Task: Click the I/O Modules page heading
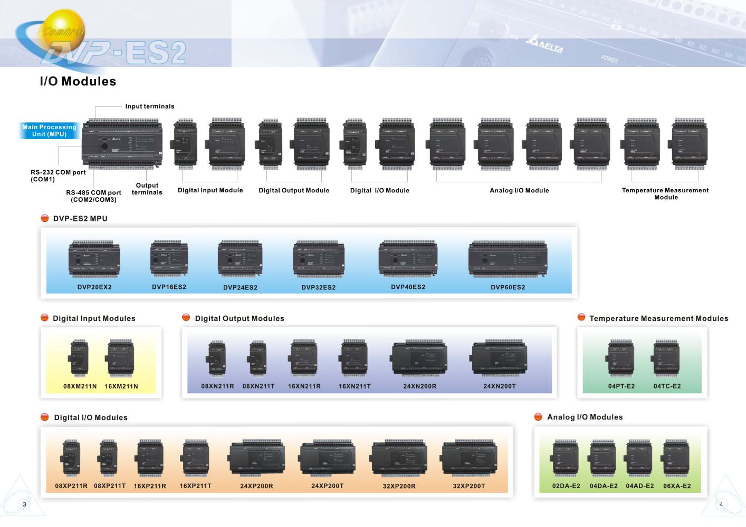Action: [78, 82]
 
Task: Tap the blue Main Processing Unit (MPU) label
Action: [49, 131]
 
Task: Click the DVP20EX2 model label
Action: [94, 287]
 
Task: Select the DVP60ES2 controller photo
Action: [508, 259]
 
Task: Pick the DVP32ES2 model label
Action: [318, 287]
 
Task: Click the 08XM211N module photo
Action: [79, 358]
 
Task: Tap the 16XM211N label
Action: [121, 386]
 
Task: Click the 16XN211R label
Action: [304, 386]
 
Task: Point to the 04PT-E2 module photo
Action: [621, 358]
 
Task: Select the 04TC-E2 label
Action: [667, 386]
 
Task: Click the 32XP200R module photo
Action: [399, 458]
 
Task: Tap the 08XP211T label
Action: [110, 486]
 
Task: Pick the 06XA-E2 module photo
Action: [676, 458]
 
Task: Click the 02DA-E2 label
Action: [566, 486]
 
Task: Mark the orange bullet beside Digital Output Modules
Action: [186, 317]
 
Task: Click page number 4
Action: [721, 504]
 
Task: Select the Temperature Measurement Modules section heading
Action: [658, 318]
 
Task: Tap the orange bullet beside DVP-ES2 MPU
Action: [45, 218]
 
